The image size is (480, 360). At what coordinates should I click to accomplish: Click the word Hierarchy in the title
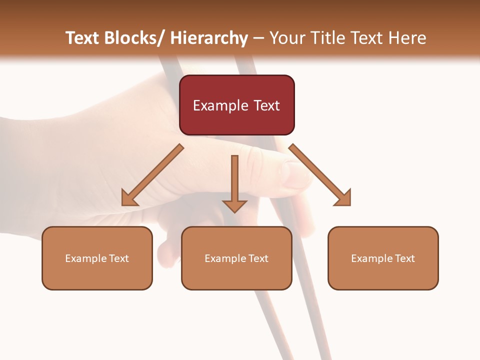[x=208, y=38]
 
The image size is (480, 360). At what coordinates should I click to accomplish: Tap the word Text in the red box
[x=266, y=105]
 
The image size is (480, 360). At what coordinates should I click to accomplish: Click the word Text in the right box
[x=404, y=258]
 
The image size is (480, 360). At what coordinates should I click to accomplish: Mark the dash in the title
[x=258, y=38]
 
